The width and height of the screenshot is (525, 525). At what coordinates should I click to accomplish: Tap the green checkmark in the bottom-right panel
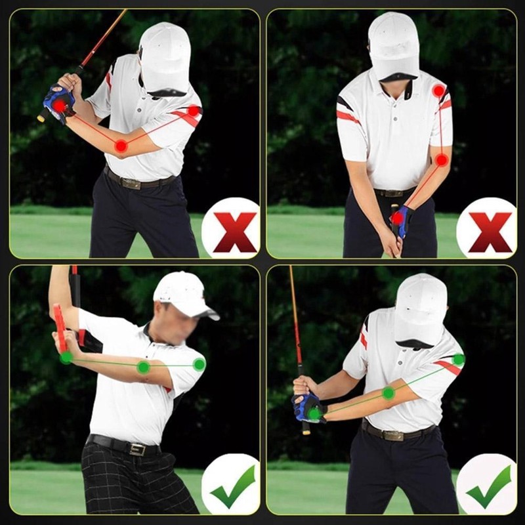(x=489, y=486)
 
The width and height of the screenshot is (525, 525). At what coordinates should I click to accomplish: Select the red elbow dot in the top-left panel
(x=121, y=146)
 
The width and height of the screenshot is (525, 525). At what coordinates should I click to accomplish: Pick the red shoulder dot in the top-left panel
(x=193, y=111)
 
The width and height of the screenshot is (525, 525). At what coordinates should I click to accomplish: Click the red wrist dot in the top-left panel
(x=60, y=105)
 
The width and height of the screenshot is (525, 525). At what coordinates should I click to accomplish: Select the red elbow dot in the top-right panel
(x=442, y=159)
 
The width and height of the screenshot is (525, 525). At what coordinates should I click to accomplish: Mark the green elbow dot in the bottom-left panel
(x=143, y=367)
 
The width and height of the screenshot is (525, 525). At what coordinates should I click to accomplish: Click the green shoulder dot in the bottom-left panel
(x=199, y=364)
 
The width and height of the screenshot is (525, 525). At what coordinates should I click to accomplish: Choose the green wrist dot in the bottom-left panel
(x=66, y=358)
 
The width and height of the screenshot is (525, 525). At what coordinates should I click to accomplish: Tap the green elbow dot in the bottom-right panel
(x=388, y=392)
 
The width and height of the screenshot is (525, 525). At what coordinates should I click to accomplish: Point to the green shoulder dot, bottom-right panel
(x=458, y=360)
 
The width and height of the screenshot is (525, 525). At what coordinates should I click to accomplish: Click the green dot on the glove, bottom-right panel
(x=315, y=413)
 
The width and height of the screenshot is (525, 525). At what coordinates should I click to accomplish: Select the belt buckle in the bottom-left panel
(x=136, y=450)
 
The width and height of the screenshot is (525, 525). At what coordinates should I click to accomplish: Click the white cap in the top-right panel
(x=392, y=43)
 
